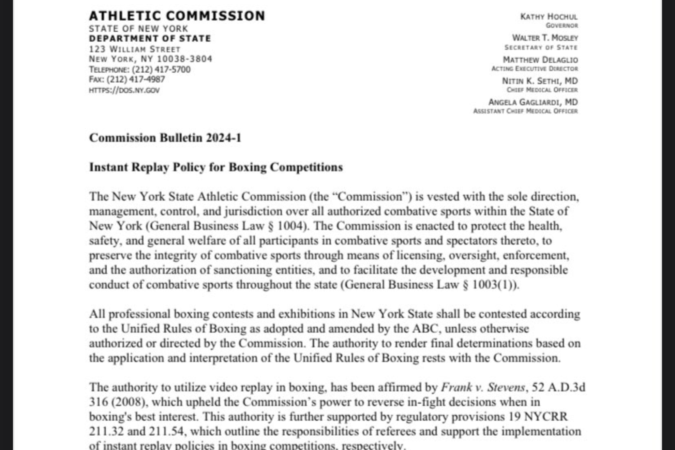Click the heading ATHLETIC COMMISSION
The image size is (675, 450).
tap(177, 16)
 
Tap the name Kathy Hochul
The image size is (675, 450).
tap(549, 17)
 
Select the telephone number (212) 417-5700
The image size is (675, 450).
tap(161, 70)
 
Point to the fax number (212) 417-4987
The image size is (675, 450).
tap(136, 79)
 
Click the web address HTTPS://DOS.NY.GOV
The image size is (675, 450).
tap(124, 90)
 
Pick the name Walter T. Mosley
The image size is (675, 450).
tap(545, 38)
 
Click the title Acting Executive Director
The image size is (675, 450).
tap(534, 69)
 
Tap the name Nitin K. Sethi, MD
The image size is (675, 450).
tap(540, 81)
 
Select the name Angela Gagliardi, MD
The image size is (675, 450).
tap(533, 102)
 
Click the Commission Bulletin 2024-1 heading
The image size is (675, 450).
tap(165, 138)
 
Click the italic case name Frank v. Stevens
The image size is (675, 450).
tap(483, 387)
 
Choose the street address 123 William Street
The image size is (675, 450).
tap(135, 49)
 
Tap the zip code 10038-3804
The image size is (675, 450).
tap(184, 59)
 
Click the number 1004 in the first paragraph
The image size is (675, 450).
tap(290, 226)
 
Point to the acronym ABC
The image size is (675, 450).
tap(424, 329)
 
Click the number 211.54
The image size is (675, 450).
tap(166, 431)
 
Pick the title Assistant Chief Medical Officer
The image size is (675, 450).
tap(525, 111)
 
